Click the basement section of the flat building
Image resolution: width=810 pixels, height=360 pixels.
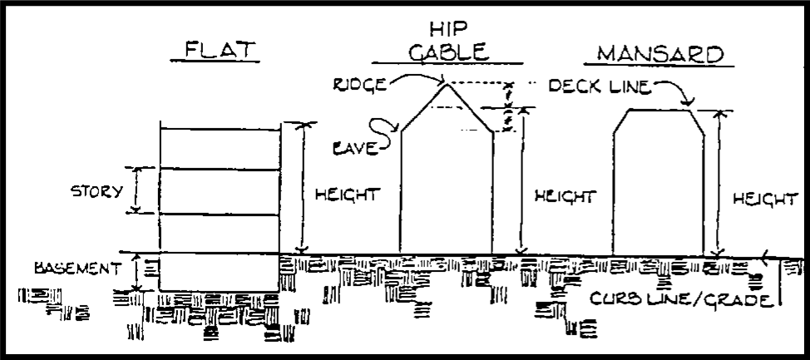pyautogui.click(x=219, y=273)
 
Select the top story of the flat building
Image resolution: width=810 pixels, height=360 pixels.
pyautogui.click(x=219, y=147)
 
